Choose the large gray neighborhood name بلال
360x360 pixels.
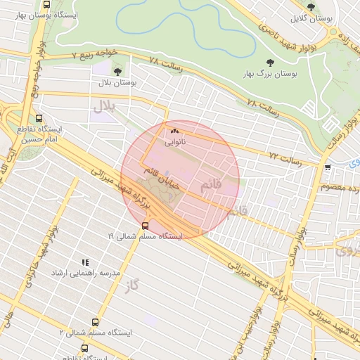103,106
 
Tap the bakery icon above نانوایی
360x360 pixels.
174,130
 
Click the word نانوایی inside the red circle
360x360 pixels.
176,141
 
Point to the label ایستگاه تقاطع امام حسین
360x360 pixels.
40,135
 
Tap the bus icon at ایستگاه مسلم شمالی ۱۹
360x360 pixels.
145,226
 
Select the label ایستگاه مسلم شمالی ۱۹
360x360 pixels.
145,237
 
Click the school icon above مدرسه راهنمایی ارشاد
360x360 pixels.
84,261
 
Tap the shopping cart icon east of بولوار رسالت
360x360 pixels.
328,167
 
